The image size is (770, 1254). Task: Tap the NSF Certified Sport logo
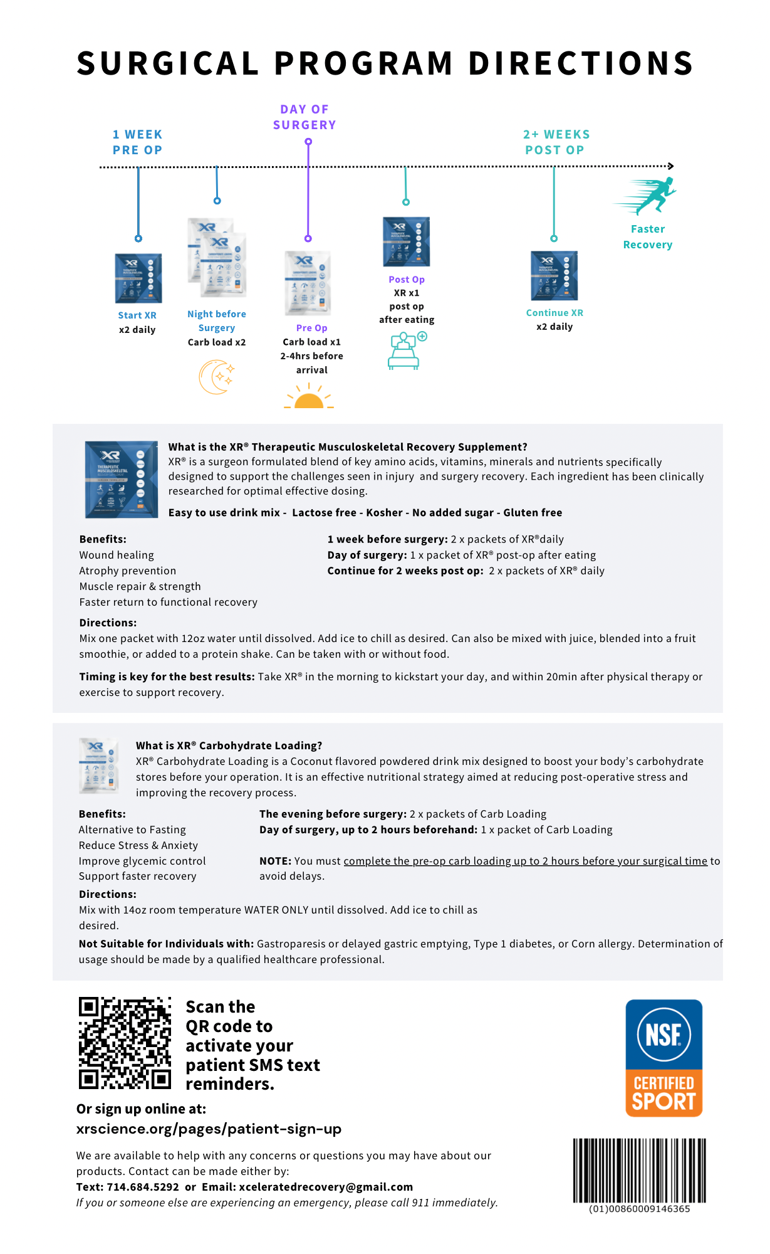(663, 1058)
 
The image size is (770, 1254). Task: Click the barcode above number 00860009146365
(639, 1170)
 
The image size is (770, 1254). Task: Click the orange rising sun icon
(309, 398)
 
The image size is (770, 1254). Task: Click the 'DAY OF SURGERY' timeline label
(304, 117)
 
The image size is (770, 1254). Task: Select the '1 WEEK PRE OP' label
(137, 142)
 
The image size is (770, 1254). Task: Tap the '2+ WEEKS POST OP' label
(556, 142)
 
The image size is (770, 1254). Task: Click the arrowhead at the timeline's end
(670, 166)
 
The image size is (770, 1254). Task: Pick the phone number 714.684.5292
(143, 1187)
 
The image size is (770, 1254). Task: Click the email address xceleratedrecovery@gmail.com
(326, 1187)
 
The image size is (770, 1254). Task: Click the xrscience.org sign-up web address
(209, 1129)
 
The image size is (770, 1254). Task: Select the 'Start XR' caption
(137, 315)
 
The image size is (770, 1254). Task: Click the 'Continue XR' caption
(554, 313)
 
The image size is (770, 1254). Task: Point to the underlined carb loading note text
(525, 861)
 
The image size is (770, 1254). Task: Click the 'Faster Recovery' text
(648, 237)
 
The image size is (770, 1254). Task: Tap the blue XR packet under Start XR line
(138, 278)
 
